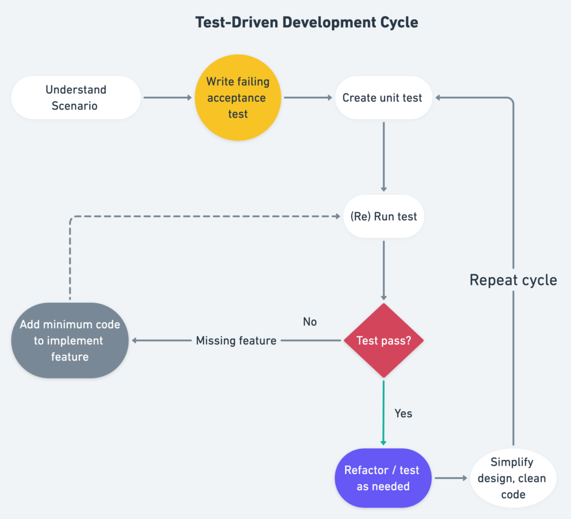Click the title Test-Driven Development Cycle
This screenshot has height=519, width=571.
pyautogui.click(x=307, y=23)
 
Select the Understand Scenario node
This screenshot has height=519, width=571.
pyautogui.click(x=75, y=98)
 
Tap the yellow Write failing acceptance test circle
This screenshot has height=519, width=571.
pyautogui.click(x=238, y=98)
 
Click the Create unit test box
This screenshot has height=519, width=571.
pyautogui.click(x=383, y=98)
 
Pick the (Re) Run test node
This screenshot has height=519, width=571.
pyautogui.click(x=383, y=216)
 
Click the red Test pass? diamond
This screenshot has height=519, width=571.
pyautogui.click(x=383, y=341)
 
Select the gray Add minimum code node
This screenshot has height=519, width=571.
pyautogui.click(x=70, y=341)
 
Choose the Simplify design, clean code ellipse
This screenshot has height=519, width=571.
pyautogui.click(x=513, y=478)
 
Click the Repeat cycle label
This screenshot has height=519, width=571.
pyautogui.click(x=513, y=280)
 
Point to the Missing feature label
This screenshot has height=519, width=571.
pyautogui.click(x=236, y=341)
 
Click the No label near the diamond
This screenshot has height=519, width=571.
pyautogui.click(x=310, y=322)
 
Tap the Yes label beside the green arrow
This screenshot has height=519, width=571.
pyautogui.click(x=403, y=414)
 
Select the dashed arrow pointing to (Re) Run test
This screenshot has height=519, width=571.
pyautogui.click(x=205, y=216)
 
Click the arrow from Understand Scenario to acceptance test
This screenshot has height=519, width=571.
pyautogui.click(x=167, y=98)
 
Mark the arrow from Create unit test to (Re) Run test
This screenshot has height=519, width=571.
pyautogui.click(x=383, y=157)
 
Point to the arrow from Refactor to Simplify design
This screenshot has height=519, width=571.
pyautogui.click(x=450, y=478)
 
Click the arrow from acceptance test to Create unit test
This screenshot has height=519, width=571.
pyautogui.click(x=308, y=98)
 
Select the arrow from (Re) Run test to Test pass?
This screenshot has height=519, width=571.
pyautogui.click(x=383, y=270)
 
